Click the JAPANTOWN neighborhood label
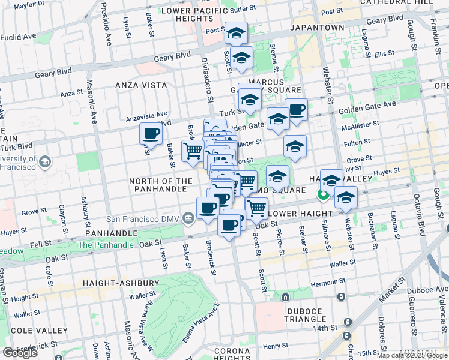tap(317, 28)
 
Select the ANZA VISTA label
tap(141, 85)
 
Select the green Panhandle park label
tap(106, 245)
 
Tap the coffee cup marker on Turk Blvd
tap(151, 133)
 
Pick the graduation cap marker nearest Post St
tap(237, 33)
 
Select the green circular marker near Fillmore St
tap(323, 194)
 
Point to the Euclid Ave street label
tap(18, 37)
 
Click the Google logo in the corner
tap(20, 352)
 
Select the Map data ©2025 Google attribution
tap(411, 355)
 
